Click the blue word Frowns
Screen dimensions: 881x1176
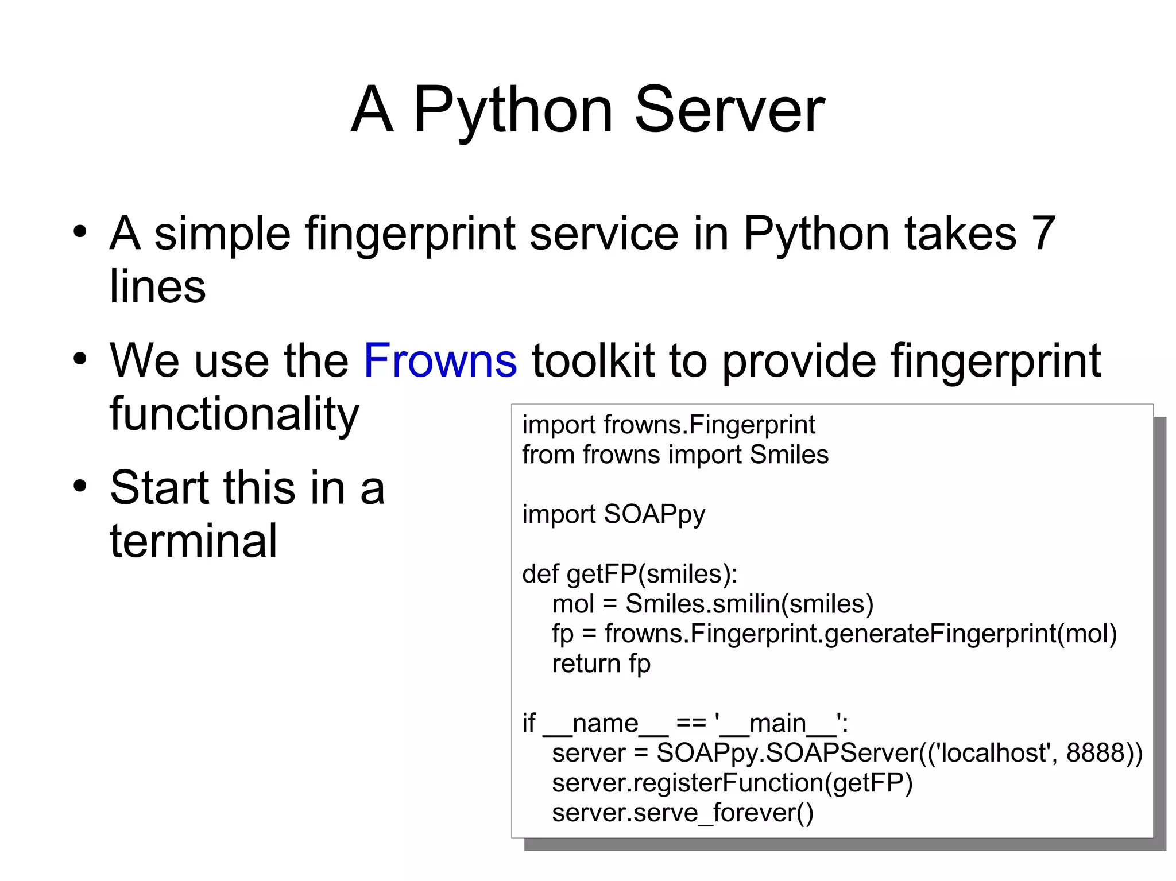tap(440, 360)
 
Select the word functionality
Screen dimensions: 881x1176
tap(234, 414)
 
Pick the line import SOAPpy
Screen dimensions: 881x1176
tap(613, 514)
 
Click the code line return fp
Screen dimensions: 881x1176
tap(601, 663)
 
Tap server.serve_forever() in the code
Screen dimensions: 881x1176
tap(682, 813)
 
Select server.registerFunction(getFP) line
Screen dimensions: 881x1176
tap(732, 783)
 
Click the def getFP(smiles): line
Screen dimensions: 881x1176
tap(629, 574)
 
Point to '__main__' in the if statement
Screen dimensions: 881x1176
tap(778, 723)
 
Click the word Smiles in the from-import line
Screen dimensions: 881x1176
tap(789, 455)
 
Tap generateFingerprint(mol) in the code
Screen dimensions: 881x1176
tap(970, 634)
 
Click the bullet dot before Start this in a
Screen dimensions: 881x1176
tap(80, 487)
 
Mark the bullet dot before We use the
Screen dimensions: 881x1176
tap(80, 360)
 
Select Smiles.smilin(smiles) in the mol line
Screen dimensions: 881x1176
tap(749, 604)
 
